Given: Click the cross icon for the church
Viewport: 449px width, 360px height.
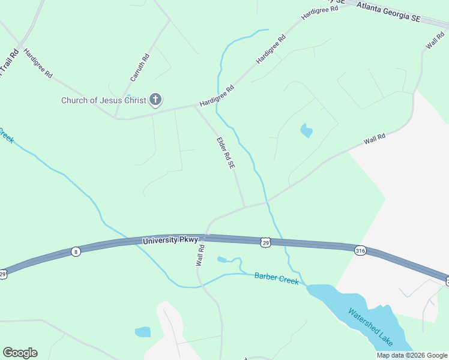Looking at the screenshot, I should pos(155,100).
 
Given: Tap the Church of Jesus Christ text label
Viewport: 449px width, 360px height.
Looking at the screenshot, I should pos(104,100).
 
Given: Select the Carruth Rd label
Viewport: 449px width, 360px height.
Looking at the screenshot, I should pos(140,68).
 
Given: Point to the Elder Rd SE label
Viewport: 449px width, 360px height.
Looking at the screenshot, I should pos(225,153).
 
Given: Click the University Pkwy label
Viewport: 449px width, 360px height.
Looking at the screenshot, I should pos(170,241).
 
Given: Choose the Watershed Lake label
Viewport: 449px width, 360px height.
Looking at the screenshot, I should pos(371,327).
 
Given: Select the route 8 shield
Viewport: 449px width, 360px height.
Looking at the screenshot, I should pos(75,251).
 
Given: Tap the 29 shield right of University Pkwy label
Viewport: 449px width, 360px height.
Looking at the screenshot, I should pos(266,242).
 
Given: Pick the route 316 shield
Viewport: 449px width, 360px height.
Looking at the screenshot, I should pos(360,250).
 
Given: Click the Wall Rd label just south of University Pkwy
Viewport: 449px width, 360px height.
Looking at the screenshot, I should pos(200,255).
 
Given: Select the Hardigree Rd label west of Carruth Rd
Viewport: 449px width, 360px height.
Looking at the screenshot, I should pos(38,65).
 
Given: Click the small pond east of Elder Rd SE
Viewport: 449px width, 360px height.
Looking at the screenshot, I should pos(306,130).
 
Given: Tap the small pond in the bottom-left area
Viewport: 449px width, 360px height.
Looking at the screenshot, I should pos(143,332).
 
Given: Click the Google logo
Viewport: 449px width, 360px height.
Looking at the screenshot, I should pos(20,353).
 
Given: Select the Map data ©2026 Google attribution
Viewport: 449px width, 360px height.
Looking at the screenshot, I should pos(412,355).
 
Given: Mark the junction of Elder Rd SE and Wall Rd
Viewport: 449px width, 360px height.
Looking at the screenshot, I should pos(244,206).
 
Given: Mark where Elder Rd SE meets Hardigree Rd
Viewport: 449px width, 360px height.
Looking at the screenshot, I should pos(196,106).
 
